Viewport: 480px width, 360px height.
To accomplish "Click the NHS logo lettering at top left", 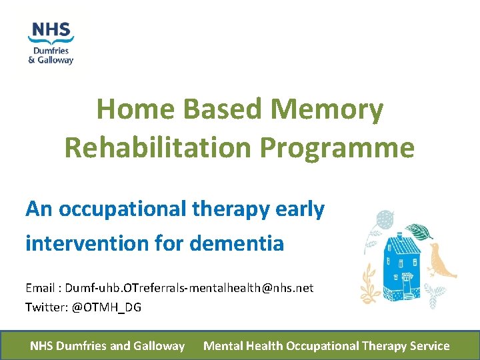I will pos(51,31).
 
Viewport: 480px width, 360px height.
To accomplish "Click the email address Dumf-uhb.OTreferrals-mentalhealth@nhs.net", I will pos(189,287).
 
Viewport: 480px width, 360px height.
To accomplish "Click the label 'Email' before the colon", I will pos(41,287).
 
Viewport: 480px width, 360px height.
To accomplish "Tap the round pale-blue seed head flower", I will pos(385,219).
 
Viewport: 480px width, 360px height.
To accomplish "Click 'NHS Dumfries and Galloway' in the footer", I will pos(107,346).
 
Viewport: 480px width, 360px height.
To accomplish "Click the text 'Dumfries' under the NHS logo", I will pos(51,50).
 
